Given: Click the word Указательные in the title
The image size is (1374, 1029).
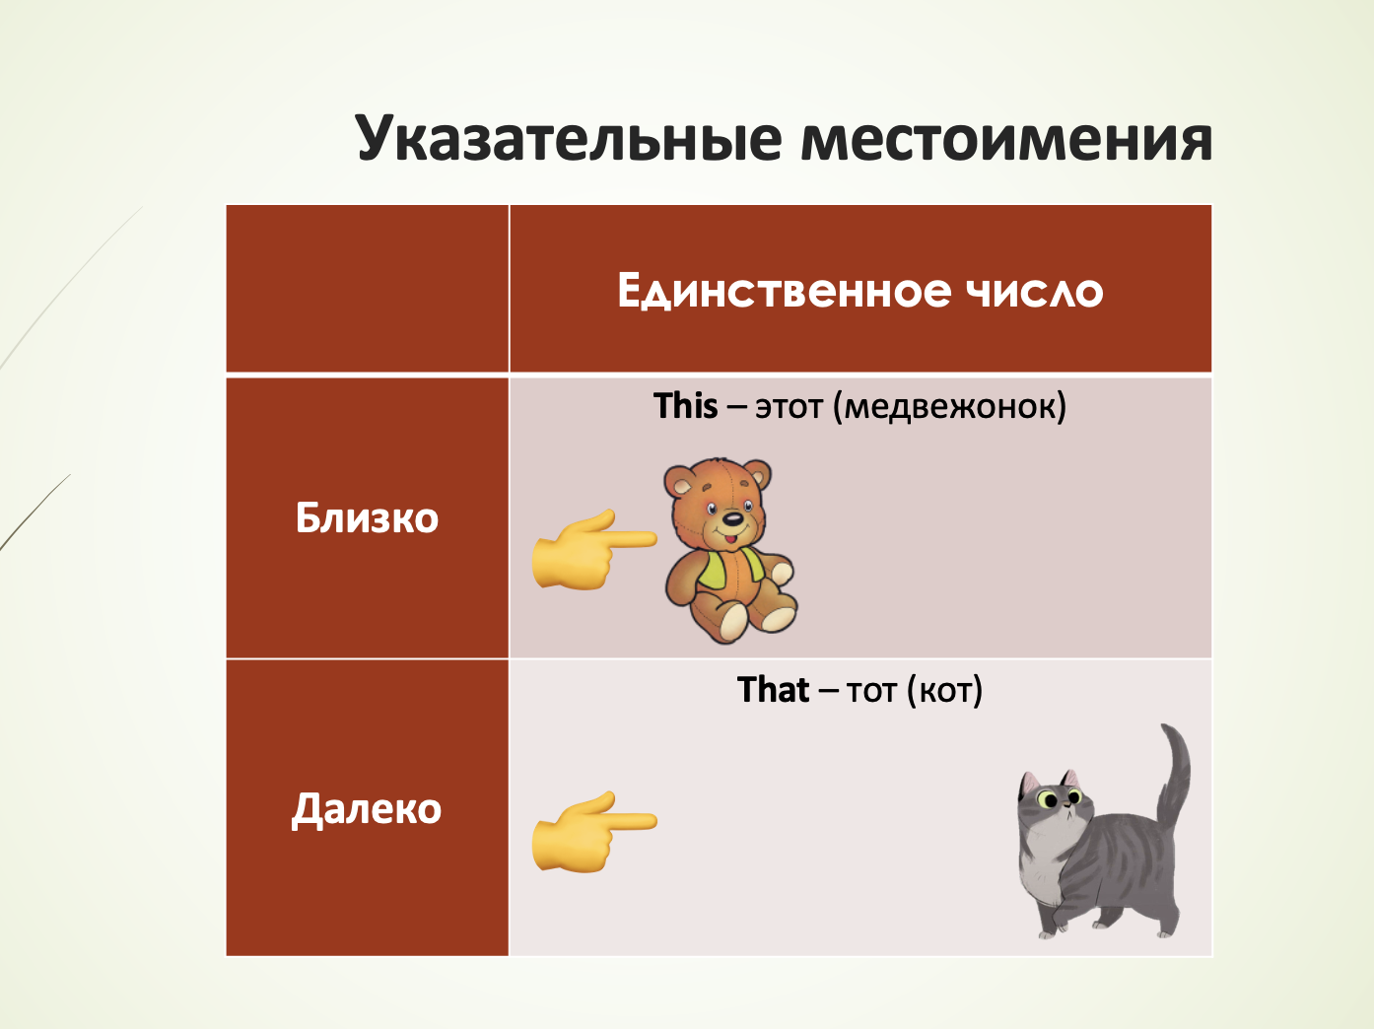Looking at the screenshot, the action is [569, 138].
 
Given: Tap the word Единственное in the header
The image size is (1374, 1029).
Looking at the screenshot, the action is [784, 291].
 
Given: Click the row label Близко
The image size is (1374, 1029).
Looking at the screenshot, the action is [367, 517].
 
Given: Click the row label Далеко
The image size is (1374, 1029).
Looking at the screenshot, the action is [367, 810].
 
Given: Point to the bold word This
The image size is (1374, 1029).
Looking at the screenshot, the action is [685, 406].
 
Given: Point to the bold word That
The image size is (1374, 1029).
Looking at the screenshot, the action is [774, 690].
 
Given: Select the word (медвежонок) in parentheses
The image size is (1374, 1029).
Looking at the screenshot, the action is [949, 407].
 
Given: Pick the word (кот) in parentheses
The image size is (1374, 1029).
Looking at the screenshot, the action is [944, 691].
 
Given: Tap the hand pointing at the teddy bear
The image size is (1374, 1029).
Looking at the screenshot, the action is [594, 550].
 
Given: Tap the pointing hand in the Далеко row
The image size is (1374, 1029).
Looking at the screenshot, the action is [594, 832].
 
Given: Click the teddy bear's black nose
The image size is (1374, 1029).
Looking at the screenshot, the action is [732, 518].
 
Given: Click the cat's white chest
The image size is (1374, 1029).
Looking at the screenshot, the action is [1040, 863].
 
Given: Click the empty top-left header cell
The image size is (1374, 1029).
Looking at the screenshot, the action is [367, 289].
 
